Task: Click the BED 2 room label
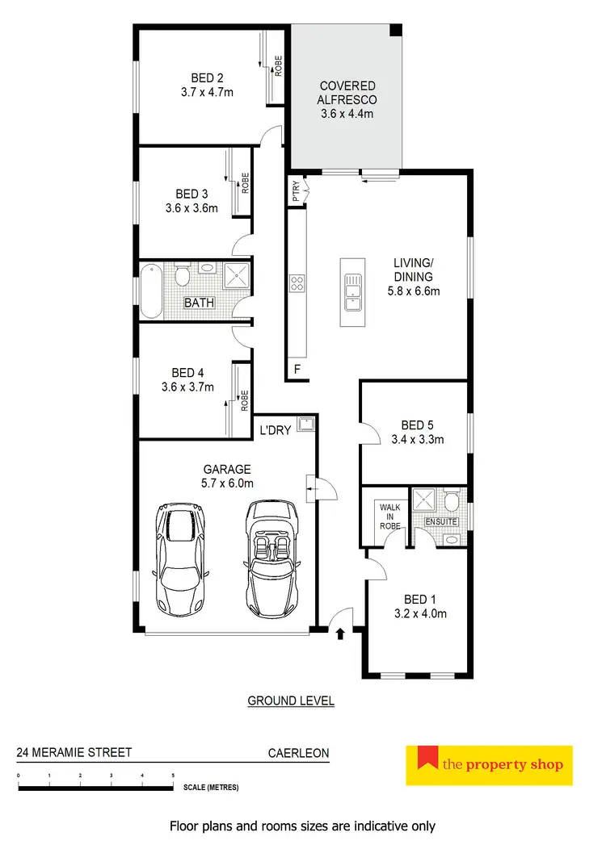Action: tap(207, 78)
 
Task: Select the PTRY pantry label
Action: tap(297, 191)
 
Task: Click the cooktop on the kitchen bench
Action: tap(297, 282)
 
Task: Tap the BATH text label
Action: tap(199, 303)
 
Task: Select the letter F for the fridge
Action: tap(297, 370)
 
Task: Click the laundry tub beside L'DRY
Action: tap(305, 424)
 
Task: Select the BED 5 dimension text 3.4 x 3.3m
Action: tap(417, 440)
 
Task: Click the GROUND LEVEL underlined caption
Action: tap(291, 701)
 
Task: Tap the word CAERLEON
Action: tap(298, 753)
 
